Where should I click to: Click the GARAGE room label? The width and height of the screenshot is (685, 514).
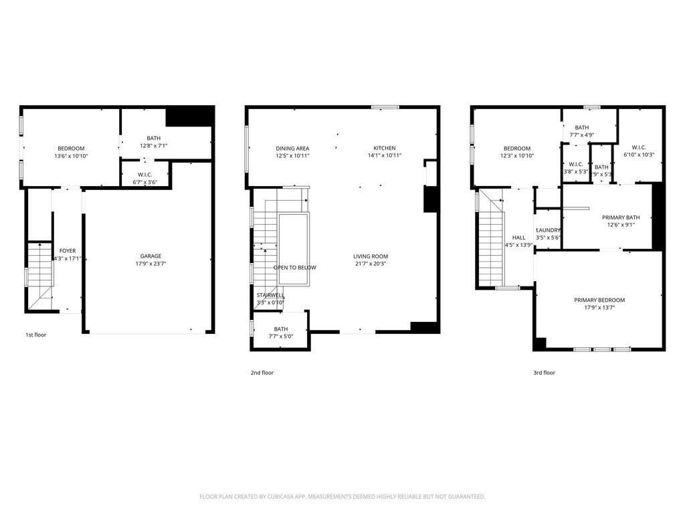click(150, 256)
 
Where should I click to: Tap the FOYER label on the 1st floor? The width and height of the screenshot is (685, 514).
click(68, 250)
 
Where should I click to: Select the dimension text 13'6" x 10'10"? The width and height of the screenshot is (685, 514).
click(71, 156)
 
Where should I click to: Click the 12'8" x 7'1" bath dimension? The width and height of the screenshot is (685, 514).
click(153, 145)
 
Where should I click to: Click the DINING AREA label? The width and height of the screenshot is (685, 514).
click(292, 148)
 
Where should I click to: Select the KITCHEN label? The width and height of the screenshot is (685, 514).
click(385, 148)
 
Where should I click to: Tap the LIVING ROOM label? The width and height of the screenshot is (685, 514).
click(371, 256)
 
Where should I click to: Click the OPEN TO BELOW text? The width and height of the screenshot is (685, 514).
click(294, 268)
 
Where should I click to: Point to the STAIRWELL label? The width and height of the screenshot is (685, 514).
click(270, 294)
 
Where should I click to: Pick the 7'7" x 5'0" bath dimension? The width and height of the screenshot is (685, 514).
click(280, 337)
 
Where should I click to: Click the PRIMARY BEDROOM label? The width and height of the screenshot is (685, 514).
click(599, 300)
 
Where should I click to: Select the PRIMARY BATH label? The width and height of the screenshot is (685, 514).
click(621, 217)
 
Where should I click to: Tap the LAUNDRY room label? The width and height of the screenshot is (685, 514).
click(548, 230)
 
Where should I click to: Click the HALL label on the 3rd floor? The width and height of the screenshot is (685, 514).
click(518, 237)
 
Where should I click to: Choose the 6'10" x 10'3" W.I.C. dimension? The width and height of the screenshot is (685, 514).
click(638, 155)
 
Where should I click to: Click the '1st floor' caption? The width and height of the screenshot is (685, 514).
click(36, 335)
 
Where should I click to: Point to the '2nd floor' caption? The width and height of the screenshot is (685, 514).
click(262, 373)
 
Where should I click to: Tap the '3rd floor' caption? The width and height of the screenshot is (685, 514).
click(544, 373)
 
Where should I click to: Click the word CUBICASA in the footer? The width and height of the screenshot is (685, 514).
click(270, 497)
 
